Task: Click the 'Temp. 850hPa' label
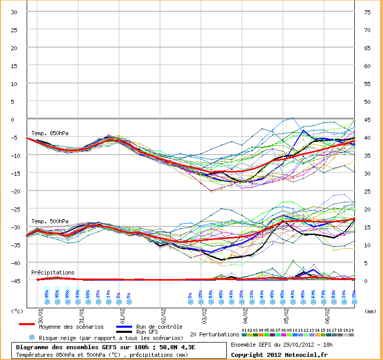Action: point(50,133)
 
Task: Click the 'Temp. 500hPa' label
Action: point(50,221)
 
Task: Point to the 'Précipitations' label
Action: point(53,272)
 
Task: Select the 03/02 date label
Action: point(204,311)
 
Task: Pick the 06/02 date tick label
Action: point(327,311)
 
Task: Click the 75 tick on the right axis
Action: point(367,12)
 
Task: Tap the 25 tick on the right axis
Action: point(367,192)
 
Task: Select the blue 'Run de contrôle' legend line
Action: point(124,326)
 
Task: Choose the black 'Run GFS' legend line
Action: point(124,332)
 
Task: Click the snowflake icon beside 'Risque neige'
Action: point(32,337)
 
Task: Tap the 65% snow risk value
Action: point(88,294)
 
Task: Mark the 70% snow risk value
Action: point(323,294)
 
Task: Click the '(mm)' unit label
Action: point(370,311)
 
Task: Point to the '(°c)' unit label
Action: point(17,311)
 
